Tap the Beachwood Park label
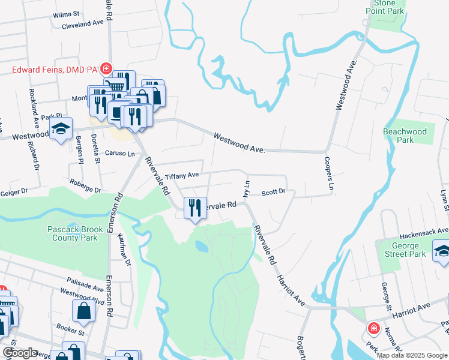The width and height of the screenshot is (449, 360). click(x=405, y=136)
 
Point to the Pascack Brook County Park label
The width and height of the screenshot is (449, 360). click(x=72, y=233)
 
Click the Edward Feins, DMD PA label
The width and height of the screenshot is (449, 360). click(x=55, y=70)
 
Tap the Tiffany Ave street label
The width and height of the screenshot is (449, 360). click(x=182, y=176)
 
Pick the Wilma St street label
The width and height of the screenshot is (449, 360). click(x=66, y=13)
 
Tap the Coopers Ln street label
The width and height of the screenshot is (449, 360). click(x=328, y=175)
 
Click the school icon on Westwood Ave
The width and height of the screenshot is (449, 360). click(x=61, y=130)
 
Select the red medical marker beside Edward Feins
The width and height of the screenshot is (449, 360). click(x=106, y=69)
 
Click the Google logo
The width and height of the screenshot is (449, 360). click(x=20, y=353)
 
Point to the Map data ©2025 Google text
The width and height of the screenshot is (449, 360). click(x=411, y=355)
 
